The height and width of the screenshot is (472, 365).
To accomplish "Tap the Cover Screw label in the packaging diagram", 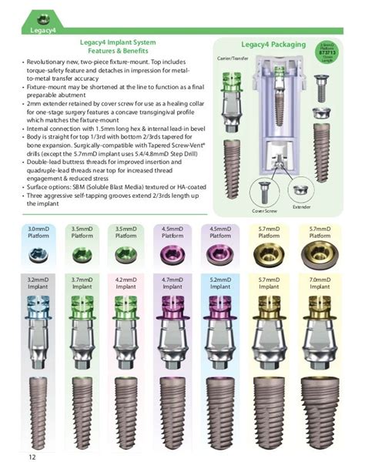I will coord(263,210).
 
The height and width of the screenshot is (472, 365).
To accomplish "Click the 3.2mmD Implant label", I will coord(39,282).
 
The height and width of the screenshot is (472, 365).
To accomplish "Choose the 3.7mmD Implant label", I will coord(82,282).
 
